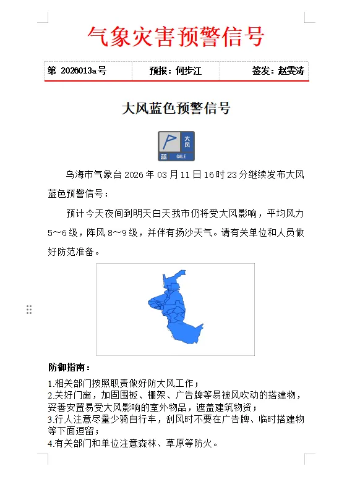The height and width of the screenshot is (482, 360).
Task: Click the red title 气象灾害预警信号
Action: point(176,36)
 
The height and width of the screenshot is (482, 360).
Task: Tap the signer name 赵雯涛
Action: point(291,71)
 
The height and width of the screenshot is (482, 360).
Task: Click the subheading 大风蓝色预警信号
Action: point(176,109)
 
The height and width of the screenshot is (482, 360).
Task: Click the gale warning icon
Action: point(176,146)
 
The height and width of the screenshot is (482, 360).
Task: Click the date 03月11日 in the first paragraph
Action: point(179,175)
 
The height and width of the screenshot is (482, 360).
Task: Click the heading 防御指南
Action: point(69,368)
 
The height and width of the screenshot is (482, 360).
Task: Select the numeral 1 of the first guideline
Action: point(50,384)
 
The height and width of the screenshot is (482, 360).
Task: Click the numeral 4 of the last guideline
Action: point(50,443)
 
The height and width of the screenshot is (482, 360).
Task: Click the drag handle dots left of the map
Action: point(29,310)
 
